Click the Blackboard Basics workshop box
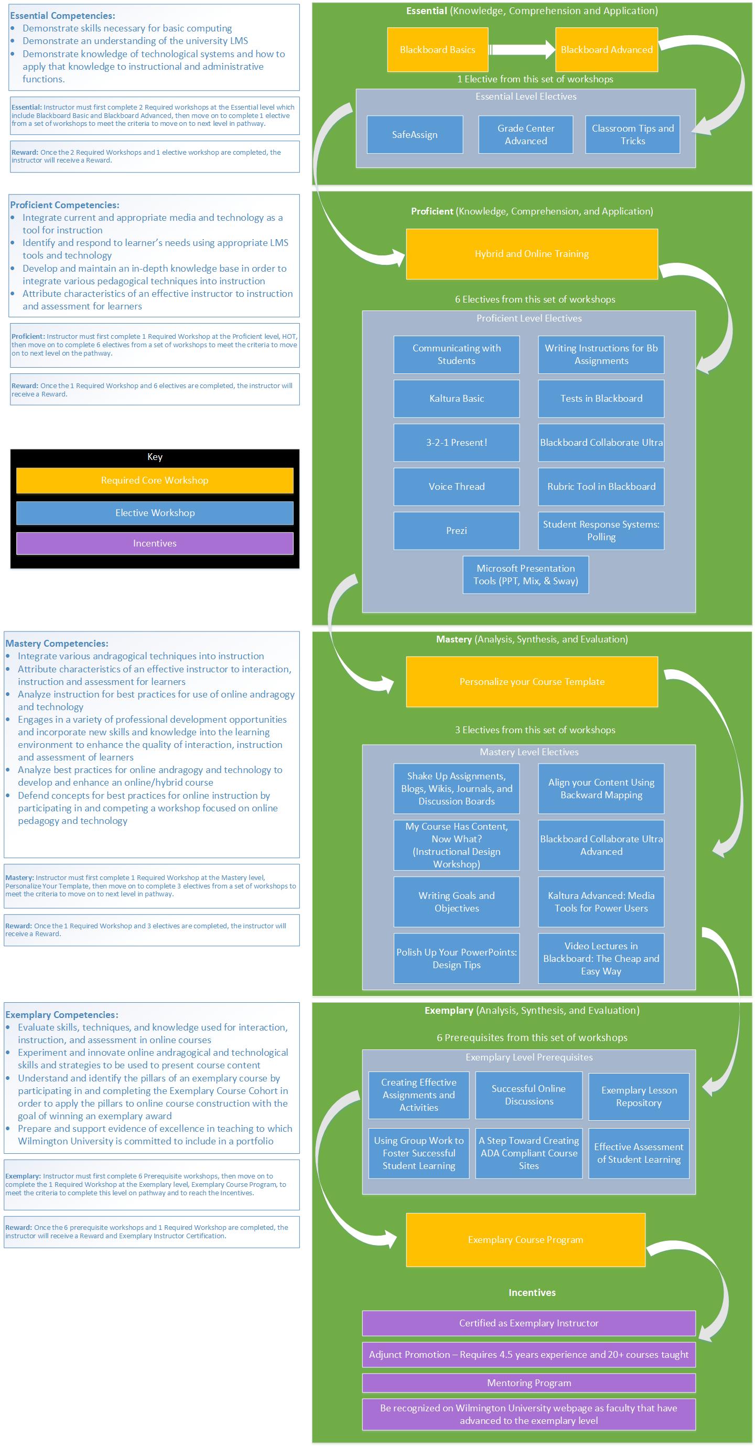[x=437, y=49]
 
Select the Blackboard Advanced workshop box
[x=606, y=49]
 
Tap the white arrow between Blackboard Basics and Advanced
[x=522, y=49]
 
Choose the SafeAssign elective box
[x=415, y=135]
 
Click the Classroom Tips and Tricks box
[x=632, y=135]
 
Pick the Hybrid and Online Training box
[x=532, y=254]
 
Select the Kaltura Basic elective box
[x=456, y=399]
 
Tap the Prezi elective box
[x=456, y=531]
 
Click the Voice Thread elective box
[x=456, y=487]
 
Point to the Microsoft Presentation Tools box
[x=525, y=575]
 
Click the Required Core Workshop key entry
[x=155, y=480]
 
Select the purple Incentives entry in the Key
[x=155, y=543]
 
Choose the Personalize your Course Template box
[x=532, y=682]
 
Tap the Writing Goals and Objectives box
[x=456, y=902]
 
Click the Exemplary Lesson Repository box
[x=639, y=1097]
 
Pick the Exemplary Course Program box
[x=525, y=1240]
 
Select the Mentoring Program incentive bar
[x=528, y=1383]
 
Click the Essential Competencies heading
[x=62, y=16]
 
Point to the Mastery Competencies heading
[x=57, y=644]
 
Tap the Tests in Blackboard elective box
[x=601, y=399]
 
